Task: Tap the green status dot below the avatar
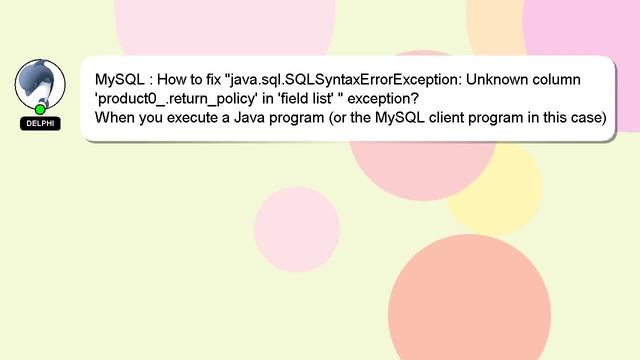[x=40, y=108]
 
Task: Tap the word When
[x=116, y=117]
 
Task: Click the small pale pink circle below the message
[x=294, y=227]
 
